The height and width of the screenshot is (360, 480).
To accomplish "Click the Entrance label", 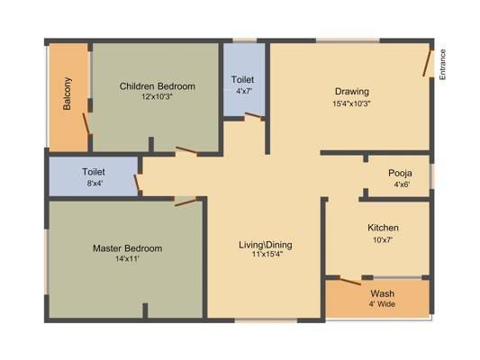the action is coord(442,65).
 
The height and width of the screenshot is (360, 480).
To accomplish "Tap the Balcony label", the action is coord(67,94).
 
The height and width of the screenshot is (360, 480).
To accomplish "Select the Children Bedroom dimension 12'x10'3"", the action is coord(157,96).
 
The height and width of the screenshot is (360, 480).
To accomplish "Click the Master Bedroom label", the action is coord(127,248).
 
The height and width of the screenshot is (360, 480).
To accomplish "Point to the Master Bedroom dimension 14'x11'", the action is coord(127,259).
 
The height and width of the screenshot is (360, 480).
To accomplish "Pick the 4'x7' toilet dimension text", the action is coord(244,91).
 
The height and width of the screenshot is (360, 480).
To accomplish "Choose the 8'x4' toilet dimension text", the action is coord(94,184).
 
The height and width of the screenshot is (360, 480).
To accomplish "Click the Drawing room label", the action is coord(352,92).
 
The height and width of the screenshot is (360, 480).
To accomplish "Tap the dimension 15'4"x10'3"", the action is coord(351,103).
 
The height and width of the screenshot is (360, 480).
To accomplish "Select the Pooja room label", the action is coord(400,173).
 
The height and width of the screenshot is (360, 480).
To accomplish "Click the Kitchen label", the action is coord(383,228).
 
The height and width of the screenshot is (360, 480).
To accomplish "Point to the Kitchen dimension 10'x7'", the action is coord(383,240).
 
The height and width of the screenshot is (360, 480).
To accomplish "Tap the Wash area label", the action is coord(383,293).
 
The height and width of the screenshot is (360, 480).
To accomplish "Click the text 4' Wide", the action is coord(382,304).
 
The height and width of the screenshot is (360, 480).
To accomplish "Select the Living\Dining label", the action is coord(266,245).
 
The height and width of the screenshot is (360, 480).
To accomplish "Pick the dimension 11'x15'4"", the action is coord(267,254).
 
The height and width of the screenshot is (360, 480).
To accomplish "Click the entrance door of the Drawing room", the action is coord(427,63).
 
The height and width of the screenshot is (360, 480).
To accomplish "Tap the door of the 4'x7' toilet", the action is coord(253,115).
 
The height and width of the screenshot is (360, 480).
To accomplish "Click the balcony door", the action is coord(86,123).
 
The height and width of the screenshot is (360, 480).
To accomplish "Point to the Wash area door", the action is coord(350,282).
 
